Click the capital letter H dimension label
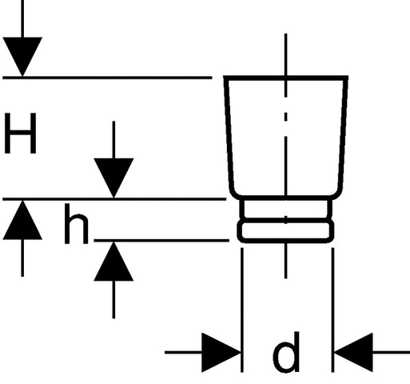click(21, 133)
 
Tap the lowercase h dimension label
click(76, 224)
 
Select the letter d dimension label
click(286, 352)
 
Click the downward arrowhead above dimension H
click(22, 57)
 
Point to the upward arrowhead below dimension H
click(22, 220)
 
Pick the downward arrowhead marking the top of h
click(113, 178)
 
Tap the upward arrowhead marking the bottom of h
click(113, 262)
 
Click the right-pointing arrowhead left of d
click(221, 352)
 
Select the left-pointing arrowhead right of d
click(353, 352)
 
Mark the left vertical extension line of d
click(242, 310)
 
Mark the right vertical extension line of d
click(332, 310)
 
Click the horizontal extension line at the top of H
click(107, 78)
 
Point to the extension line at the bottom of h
click(161, 241)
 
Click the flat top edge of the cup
click(286, 78)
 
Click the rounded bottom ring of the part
click(285, 242)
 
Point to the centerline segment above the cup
click(286, 54)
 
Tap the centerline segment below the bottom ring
click(286, 262)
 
